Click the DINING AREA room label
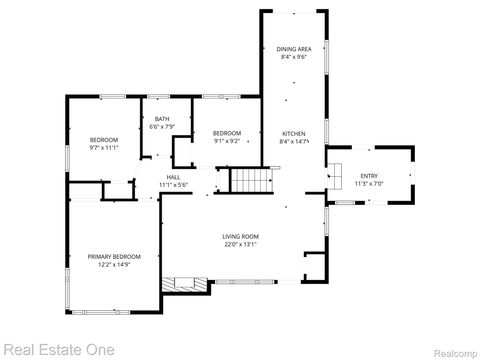click(x=293, y=48)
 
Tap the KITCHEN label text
click(x=293, y=134)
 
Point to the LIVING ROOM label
click(x=241, y=236)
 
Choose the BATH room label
click(x=161, y=120)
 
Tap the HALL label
click(x=174, y=177)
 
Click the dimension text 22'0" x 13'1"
click(x=241, y=244)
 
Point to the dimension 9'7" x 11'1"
click(x=104, y=147)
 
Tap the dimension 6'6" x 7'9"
click(x=161, y=128)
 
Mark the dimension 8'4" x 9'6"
click(x=293, y=57)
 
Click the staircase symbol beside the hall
click(x=252, y=182)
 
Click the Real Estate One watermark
click(x=58, y=349)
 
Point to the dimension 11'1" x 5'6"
click(x=174, y=185)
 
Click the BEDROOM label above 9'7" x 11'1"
click(x=104, y=139)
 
